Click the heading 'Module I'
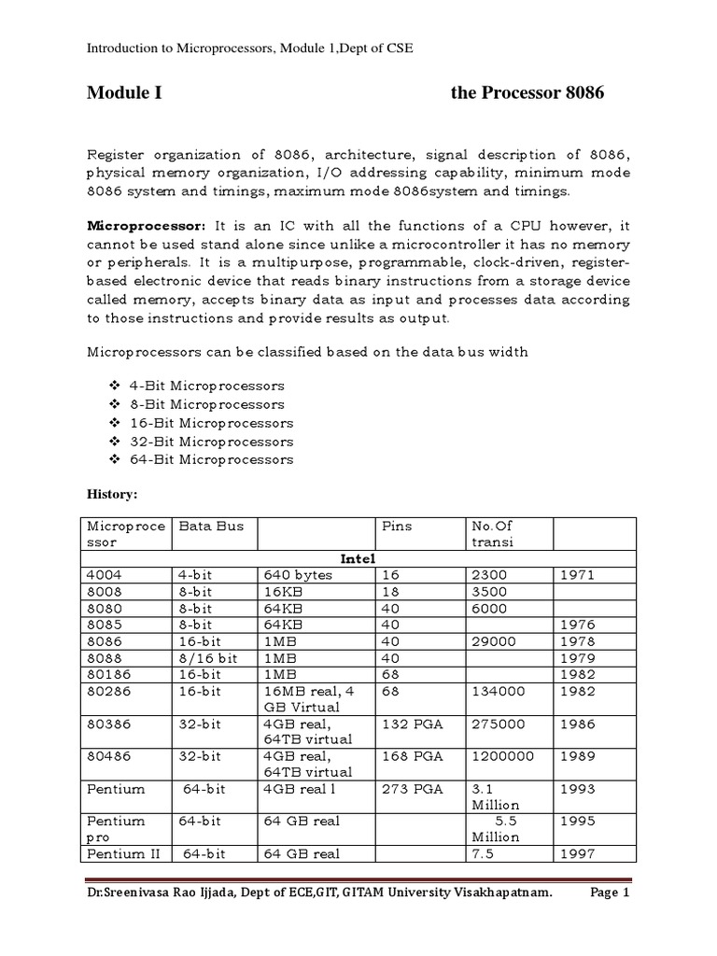point(124,93)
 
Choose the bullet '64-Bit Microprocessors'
point(217,459)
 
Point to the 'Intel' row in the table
point(358,559)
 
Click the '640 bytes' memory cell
point(298,576)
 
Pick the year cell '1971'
point(577,576)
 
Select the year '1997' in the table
point(577,854)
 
